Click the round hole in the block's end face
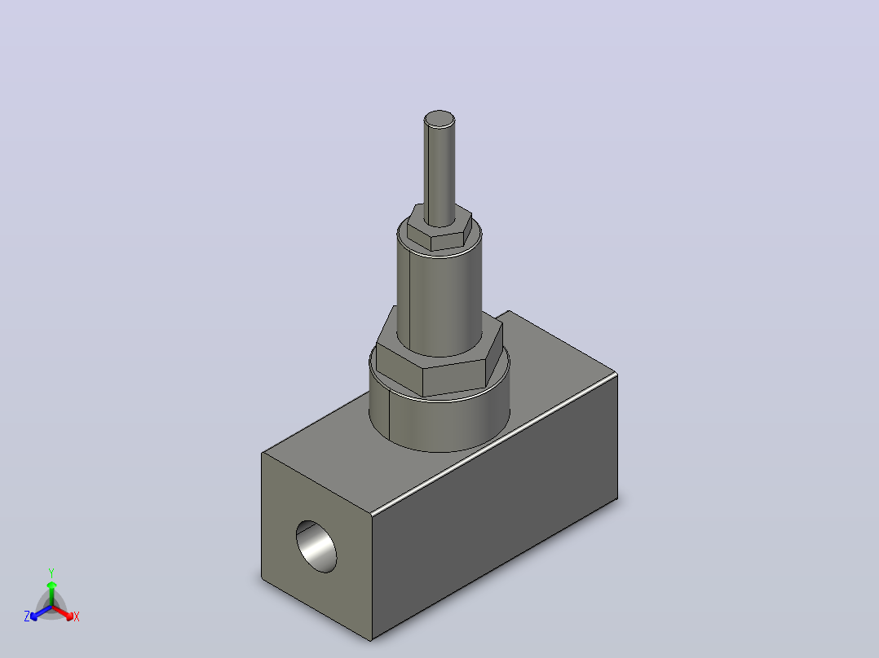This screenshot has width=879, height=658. (x=316, y=546)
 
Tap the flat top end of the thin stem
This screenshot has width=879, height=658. (x=439, y=119)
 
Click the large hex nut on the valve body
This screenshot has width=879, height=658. (x=439, y=358)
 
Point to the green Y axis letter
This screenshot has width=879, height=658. (x=51, y=573)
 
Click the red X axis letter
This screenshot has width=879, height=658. (x=77, y=616)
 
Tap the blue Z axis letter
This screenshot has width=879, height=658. (x=27, y=616)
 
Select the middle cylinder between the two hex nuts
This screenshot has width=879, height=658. (x=439, y=296)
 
